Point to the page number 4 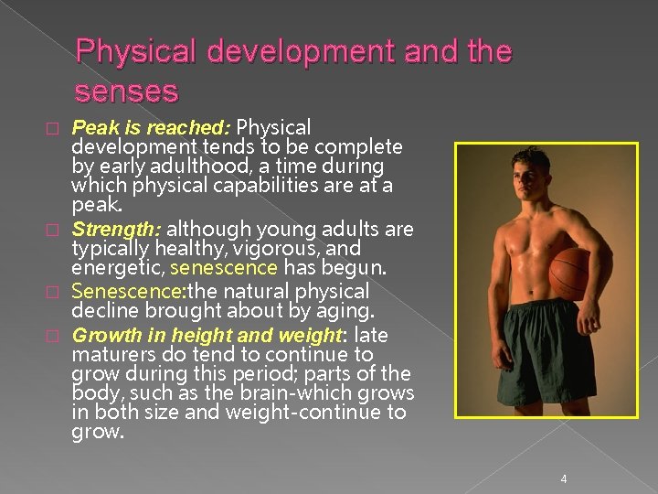tap(564, 478)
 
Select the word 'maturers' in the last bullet tap(109, 355)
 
